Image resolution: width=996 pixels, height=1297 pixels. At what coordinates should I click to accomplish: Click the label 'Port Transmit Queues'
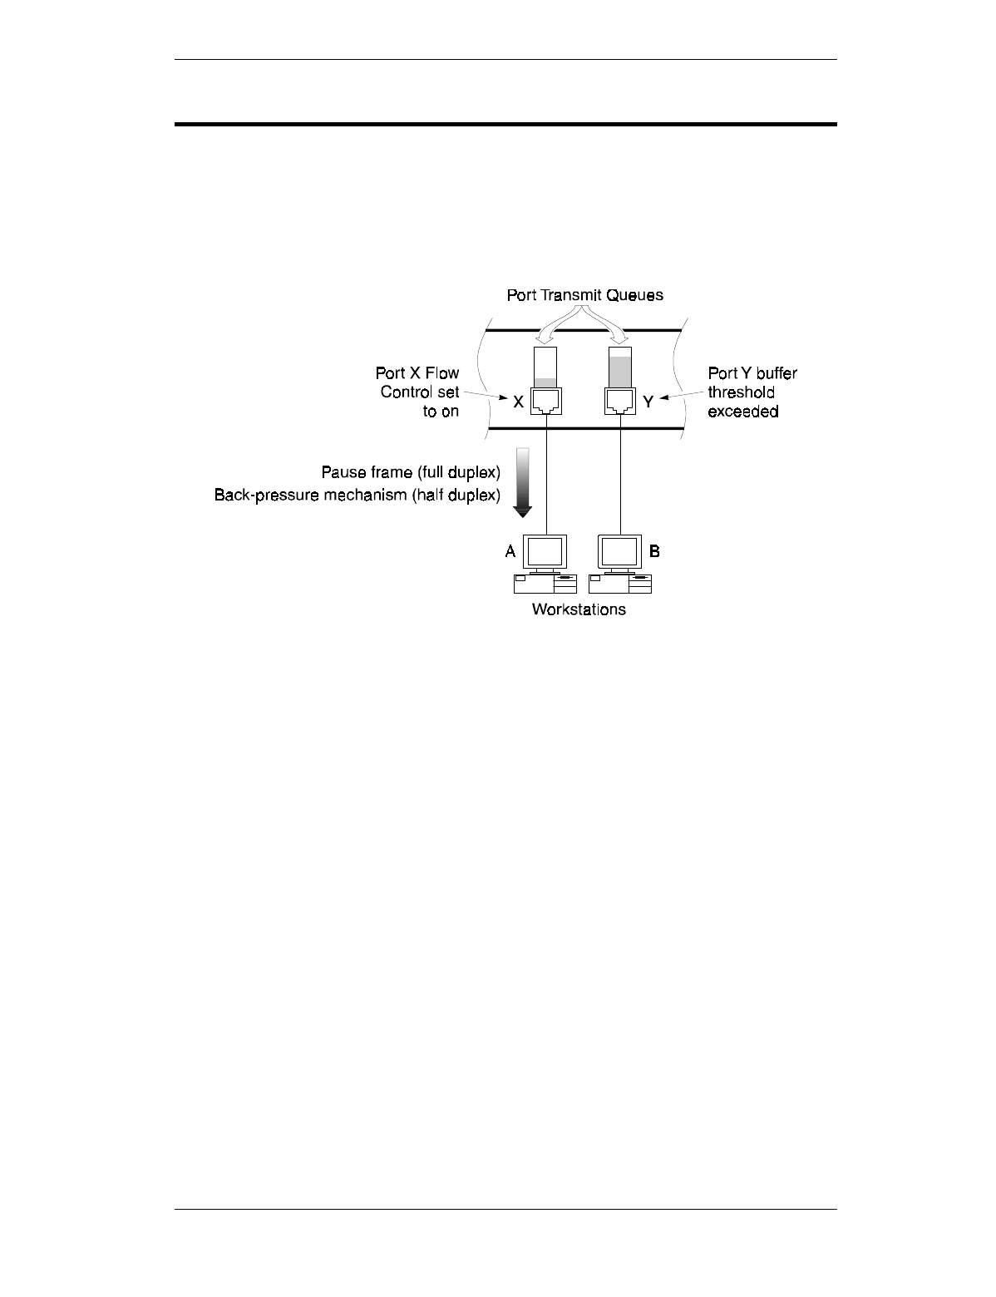click(585, 295)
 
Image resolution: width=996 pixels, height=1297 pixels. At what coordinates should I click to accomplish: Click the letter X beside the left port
click(518, 402)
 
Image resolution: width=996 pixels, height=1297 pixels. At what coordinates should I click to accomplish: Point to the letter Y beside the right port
click(648, 402)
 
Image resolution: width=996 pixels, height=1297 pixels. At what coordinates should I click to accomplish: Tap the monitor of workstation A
click(545, 552)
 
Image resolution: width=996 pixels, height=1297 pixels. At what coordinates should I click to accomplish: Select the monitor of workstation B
click(620, 552)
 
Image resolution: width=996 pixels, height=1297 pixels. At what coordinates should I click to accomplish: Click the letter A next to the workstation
click(510, 551)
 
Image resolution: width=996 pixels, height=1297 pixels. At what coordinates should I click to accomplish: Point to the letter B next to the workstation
click(654, 551)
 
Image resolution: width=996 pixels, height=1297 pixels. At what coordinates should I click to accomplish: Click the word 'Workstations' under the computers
click(579, 610)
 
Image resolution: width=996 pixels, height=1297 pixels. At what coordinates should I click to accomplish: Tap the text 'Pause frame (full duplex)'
click(411, 473)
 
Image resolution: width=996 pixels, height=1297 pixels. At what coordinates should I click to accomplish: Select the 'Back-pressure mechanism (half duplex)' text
click(357, 496)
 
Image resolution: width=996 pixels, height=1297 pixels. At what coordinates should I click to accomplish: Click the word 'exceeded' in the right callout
click(743, 411)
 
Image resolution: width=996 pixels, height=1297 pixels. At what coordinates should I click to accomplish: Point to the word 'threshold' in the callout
click(742, 392)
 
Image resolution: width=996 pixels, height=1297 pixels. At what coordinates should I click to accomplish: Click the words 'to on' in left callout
click(441, 411)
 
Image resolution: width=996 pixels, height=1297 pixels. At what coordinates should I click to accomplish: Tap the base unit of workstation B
click(620, 583)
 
